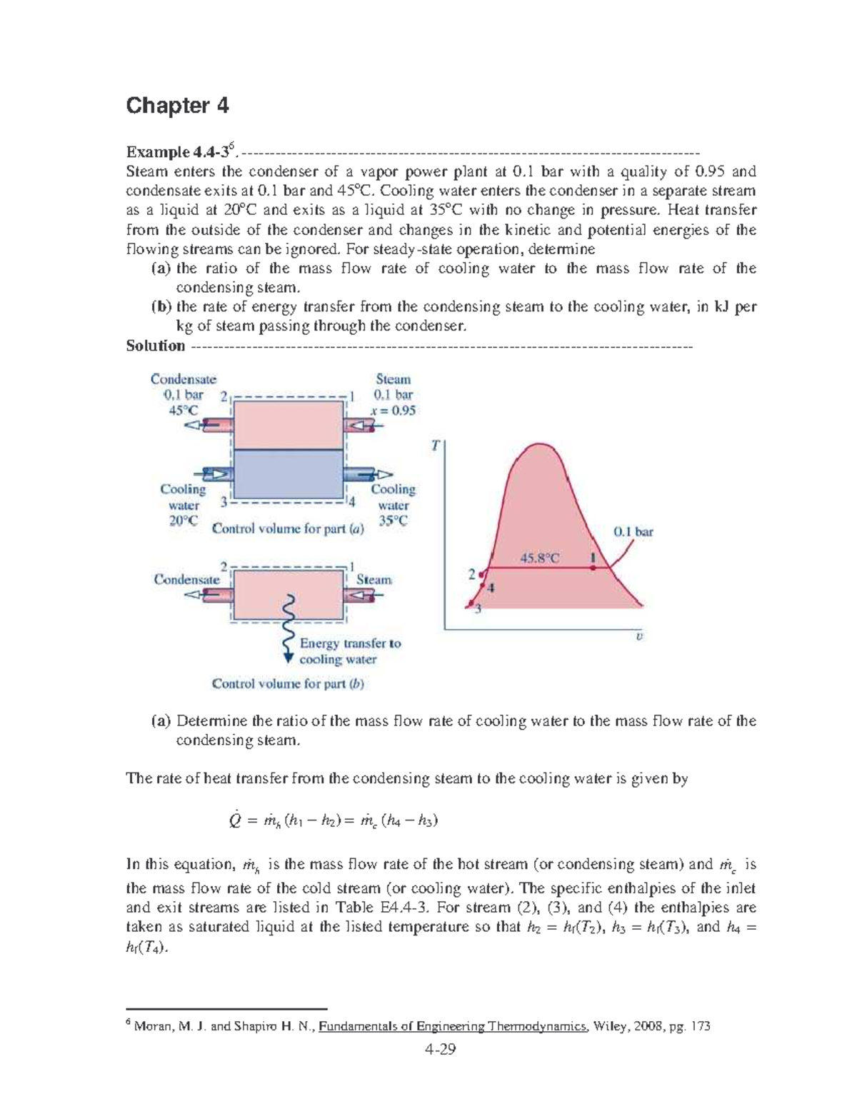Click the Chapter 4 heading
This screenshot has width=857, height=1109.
pos(177,106)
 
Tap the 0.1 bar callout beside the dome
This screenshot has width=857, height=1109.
pos(633,531)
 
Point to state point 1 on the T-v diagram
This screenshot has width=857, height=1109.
pos(593,567)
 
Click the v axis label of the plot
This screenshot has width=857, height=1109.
pos(639,636)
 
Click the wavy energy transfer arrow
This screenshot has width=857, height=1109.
pos(289,628)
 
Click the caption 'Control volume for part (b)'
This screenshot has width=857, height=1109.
pos(288,683)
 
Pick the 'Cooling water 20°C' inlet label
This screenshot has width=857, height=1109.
pos(183,505)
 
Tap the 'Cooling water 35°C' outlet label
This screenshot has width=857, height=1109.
pos(393,505)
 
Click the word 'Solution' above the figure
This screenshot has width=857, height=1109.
pos(155,346)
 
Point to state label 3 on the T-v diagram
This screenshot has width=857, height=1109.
pos(478,608)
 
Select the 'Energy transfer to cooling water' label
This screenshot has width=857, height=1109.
pos(349,651)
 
